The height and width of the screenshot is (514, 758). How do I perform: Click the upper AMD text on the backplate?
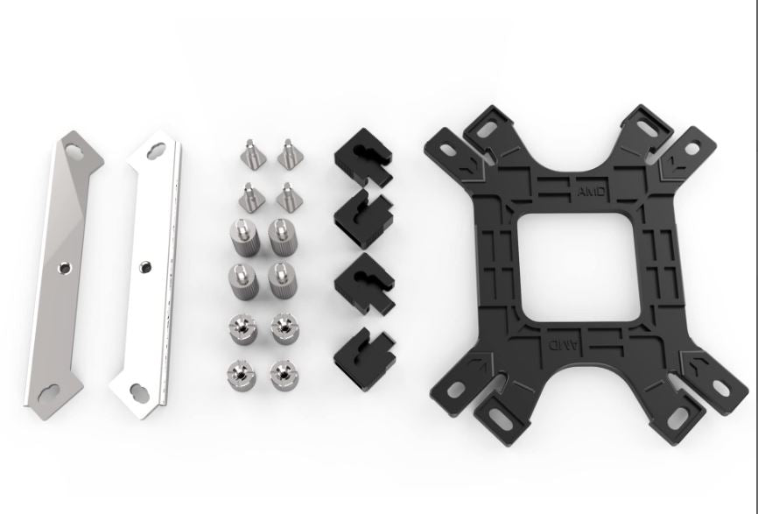point(591,192)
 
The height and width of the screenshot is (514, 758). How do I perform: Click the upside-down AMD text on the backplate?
point(563,345)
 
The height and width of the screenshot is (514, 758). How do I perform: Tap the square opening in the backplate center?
point(579,267)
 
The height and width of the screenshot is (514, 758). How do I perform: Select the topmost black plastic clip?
point(363,157)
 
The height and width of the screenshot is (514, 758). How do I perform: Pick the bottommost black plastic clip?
point(364,359)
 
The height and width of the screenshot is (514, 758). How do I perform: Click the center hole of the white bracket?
point(145,266)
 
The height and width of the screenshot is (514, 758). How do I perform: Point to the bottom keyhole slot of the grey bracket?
point(50,392)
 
